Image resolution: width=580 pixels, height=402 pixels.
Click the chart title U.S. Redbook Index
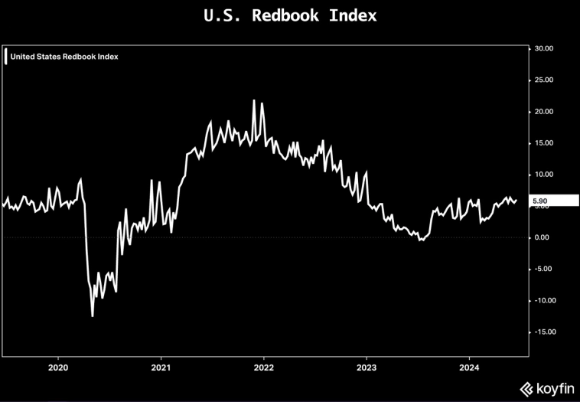pos(290,15)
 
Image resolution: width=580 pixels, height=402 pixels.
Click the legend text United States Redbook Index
pos(64,56)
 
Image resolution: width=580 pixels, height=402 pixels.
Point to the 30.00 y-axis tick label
pos(544,48)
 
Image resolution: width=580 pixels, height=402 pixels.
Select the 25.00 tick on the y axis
pos(544,80)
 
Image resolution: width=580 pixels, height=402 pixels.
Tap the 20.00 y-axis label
pos(544,111)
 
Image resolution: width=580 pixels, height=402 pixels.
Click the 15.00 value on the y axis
pos(544,143)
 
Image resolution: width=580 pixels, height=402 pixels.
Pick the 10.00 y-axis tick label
pos(544,175)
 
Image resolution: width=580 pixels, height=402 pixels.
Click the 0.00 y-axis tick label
pos(543,237)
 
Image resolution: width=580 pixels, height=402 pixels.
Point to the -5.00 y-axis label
pos(544,269)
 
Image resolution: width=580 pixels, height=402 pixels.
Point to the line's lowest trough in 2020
pos(93,315)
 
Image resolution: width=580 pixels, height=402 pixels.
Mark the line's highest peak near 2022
pos(254,100)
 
